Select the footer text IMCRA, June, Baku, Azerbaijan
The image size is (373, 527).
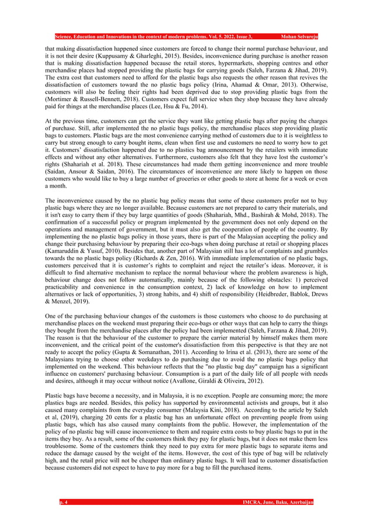pos(278,502)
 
